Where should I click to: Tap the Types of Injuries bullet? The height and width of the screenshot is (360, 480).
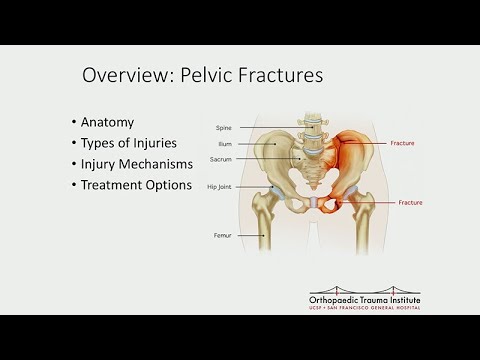point(130,144)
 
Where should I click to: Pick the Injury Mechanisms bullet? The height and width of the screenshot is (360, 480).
point(139,164)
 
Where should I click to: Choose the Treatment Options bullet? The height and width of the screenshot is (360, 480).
point(135,185)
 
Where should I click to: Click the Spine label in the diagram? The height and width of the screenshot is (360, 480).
point(225,128)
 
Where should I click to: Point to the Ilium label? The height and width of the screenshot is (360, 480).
point(226,145)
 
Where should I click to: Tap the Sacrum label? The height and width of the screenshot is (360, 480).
point(222,159)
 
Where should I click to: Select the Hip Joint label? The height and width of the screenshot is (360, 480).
point(220,187)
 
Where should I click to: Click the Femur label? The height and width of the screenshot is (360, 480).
point(223,235)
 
